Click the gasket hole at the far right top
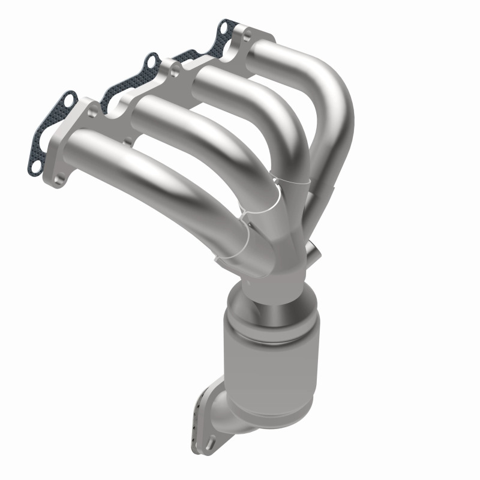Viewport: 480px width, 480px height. [x=224, y=26]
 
